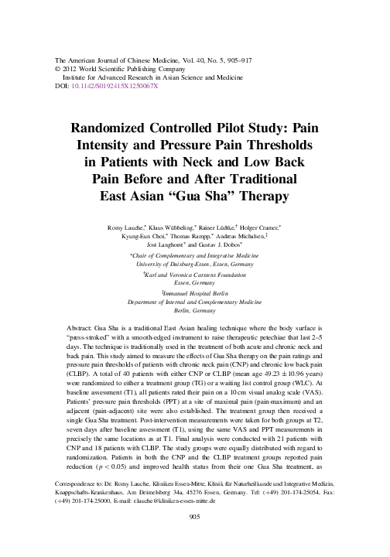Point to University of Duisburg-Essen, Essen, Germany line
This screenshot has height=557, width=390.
coord(194,266)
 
